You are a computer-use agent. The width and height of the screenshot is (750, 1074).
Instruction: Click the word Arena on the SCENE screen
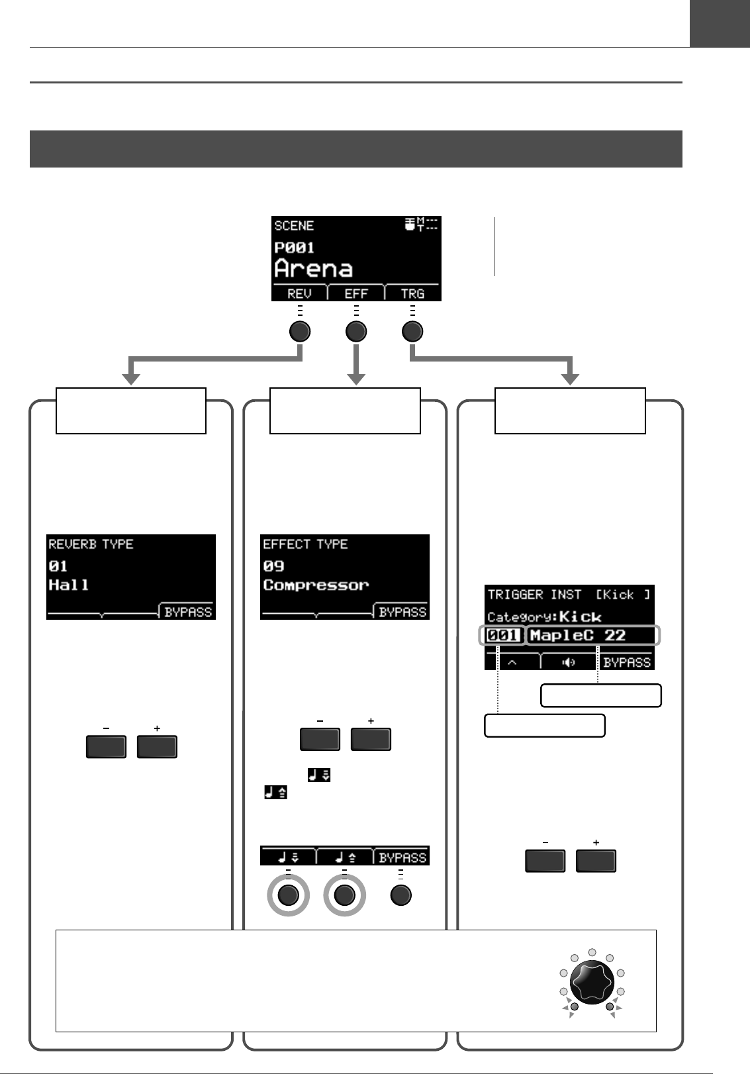(314, 269)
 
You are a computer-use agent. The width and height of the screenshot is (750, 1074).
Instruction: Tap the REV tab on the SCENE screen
(300, 293)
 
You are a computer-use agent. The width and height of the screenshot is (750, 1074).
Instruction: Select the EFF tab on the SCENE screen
(356, 293)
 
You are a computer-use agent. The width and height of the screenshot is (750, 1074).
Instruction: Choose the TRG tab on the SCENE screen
(412, 293)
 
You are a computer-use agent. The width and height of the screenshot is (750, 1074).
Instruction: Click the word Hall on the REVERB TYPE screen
(69, 585)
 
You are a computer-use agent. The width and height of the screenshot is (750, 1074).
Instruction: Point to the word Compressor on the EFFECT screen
(316, 585)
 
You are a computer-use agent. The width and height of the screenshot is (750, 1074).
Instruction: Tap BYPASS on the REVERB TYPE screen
(188, 612)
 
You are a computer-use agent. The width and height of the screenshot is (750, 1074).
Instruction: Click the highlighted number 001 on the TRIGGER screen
(503, 636)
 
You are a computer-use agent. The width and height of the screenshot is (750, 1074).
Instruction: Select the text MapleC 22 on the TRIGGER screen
(578, 636)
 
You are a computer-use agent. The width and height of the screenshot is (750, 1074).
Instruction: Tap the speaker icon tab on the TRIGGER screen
(569, 661)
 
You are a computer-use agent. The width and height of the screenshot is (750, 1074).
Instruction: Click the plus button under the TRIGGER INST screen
(596, 861)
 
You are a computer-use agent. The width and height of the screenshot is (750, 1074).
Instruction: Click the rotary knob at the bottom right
(592, 981)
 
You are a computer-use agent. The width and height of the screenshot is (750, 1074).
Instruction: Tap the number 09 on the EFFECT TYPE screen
(273, 566)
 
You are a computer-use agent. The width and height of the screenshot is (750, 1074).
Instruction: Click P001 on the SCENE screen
(294, 248)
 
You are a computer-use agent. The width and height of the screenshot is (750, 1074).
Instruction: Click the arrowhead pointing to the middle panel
(356, 379)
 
